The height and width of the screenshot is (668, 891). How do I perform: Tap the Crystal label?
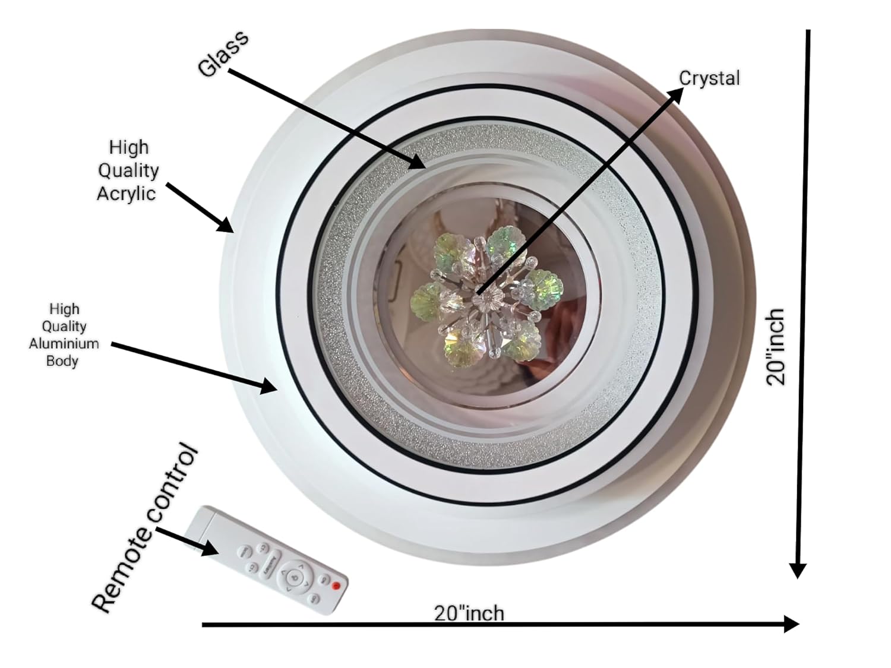point(709,78)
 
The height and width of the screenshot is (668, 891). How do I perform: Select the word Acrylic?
point(127,194)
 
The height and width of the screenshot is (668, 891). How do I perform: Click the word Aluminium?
point(64,344)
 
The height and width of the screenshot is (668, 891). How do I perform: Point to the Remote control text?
point(145,527)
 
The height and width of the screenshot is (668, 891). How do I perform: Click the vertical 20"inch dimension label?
point(776,347)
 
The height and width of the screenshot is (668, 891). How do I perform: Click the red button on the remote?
point(336,585)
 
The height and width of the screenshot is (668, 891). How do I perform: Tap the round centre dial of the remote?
point(293,576)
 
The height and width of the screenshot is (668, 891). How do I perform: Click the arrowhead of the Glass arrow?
point(416,162)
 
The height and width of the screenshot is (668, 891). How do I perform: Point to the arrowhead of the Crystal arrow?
point(675,95)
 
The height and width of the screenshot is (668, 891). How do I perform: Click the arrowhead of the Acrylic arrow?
point(225,224)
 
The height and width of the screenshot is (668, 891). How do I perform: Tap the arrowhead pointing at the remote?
point(210,549)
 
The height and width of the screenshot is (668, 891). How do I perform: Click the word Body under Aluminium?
point(62,360)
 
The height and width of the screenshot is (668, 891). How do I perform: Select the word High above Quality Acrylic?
point(129,147)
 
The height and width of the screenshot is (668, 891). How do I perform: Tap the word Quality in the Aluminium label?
point(64,327)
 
